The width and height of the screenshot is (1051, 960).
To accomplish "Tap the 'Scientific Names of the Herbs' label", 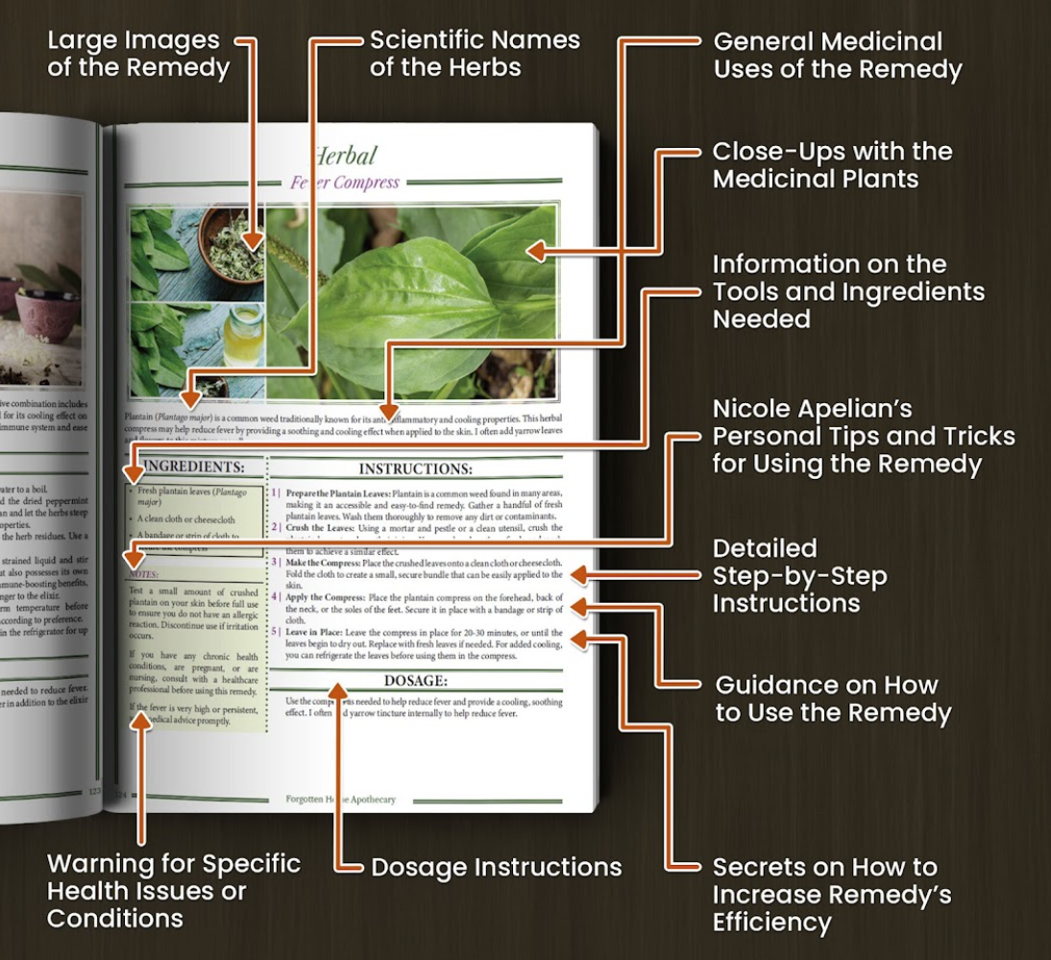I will click(x=475, y=54).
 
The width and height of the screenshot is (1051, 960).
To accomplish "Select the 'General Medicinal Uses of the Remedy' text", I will click(x=837, y=56).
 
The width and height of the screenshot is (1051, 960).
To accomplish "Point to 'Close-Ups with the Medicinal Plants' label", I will click(x=832, y=165).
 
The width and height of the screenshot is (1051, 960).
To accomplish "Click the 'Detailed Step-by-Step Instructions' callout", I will click(x=799, y=576).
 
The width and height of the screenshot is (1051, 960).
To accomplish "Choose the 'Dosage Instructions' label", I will click(x=496, y=867).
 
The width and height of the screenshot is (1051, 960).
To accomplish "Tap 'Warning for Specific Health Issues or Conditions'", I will click(x=174, y=891).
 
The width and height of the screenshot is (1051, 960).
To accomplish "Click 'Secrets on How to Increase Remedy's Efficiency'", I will click(x=832, y=895).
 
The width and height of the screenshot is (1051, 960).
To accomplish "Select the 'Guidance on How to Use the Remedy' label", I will click(x=833, y=699).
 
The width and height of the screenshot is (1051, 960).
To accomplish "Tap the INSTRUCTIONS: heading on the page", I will click(x=414, y=469).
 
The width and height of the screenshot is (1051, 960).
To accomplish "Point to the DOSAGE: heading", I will click(x=415, y=681).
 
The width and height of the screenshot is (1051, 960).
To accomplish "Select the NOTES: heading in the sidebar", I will click(x=144, y=574).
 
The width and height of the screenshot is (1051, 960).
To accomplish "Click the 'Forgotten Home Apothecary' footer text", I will click(x=340, y=799).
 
